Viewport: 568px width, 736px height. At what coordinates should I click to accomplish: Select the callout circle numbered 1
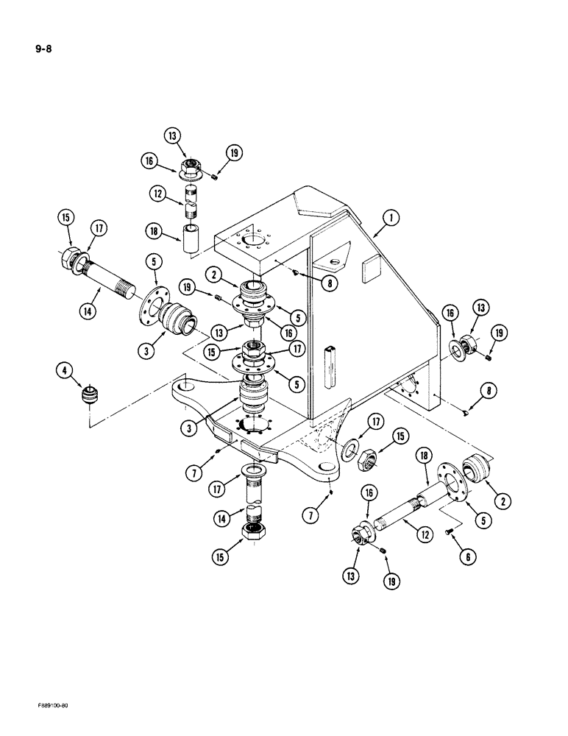pyautogui.click(x=391, y=219)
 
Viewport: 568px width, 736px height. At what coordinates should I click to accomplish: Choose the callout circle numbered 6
pyautogui.click(x=464, y=559)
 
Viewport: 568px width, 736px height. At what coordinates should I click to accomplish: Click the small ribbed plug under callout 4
pyautogui.click(x=89, y=397)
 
